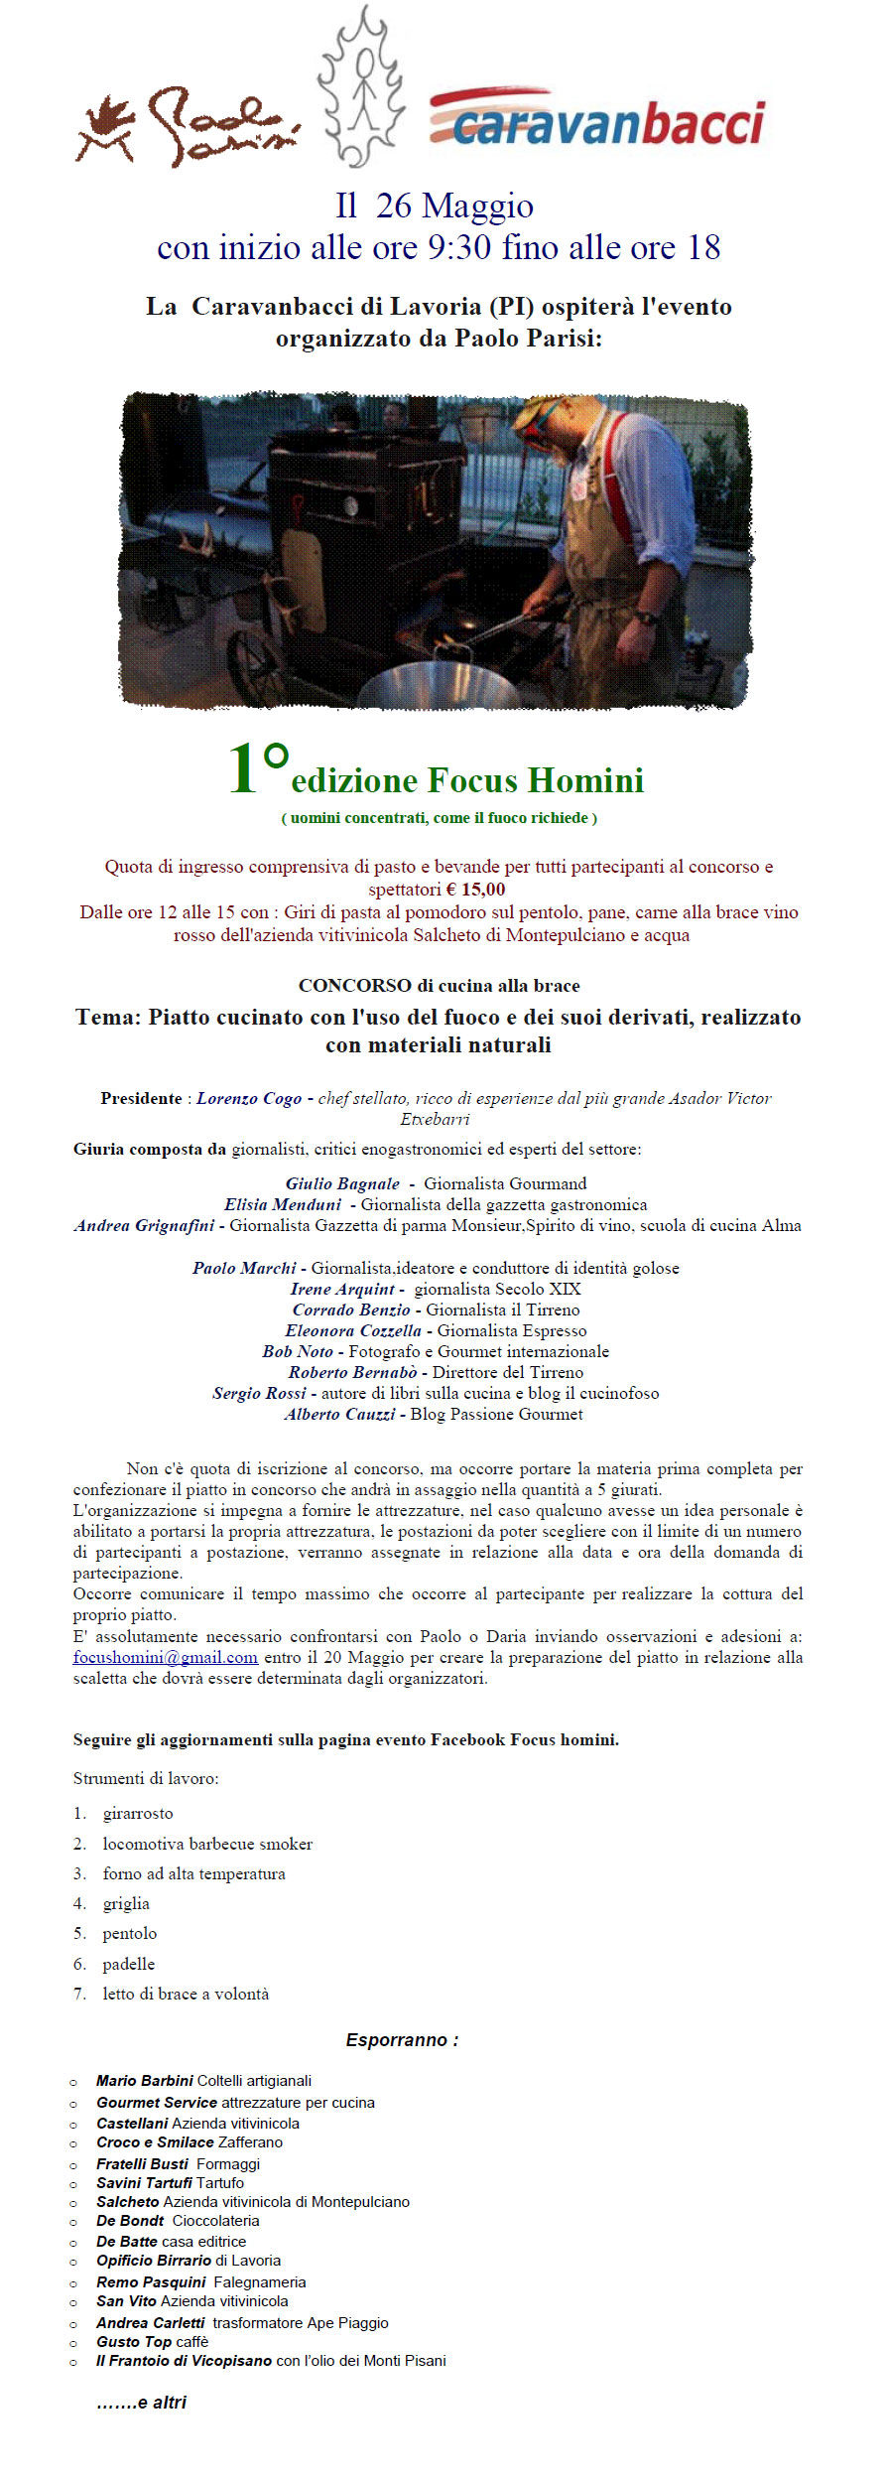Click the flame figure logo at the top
click(x=364, y=87)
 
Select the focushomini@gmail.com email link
click(x=166, y=1657)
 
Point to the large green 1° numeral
click(x=257, y=768)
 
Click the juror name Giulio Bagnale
click(x=342, y=1183)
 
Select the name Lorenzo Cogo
click(x=249, y=1098)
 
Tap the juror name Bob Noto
click(x=298, y=1351)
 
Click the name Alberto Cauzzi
click(x=339, y=1414)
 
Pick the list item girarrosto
click(x=138, y=1813)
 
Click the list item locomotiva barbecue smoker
click(x=207, y=1844)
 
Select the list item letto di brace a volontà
click(x=186, y=1994)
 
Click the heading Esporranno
click(x=402, y=2040)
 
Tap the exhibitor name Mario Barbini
click(x=145, y=2080)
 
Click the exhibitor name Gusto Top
click(x=134, y=2341)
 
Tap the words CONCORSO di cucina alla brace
click(x=440, y=986)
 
